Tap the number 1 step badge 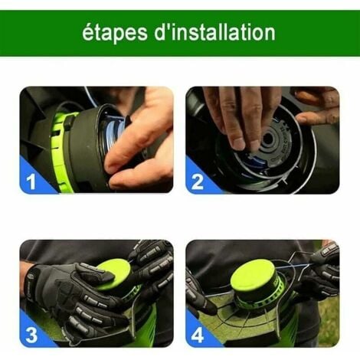pos(31,181)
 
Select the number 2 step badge pos(198,181)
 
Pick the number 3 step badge pos(31,335)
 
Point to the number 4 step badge pos(198,335)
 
